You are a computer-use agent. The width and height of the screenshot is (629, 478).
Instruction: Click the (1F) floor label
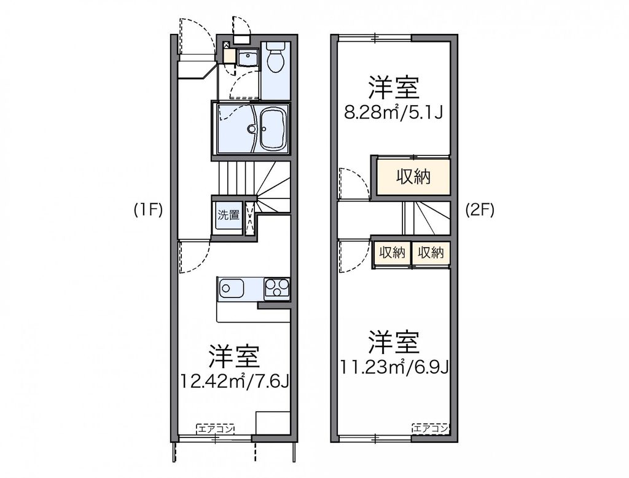pos(148,210)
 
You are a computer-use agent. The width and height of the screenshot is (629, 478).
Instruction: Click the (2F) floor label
pos(479,210)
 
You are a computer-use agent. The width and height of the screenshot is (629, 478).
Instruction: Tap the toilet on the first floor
pos(275,60)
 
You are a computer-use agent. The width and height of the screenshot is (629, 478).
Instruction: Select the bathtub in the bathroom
pos(274,128)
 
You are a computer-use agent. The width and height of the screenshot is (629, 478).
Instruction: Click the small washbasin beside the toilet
pos(248,58)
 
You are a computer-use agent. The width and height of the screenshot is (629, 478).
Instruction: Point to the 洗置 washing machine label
pos(229,215)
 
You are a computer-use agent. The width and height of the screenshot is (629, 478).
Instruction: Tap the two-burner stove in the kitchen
pos(277,288)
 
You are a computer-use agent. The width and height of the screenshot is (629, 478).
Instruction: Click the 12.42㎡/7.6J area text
pos(235,381)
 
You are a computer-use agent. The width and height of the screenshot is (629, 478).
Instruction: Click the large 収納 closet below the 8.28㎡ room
pos(413,177)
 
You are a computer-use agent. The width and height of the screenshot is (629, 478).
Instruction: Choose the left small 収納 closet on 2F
pos(391,253)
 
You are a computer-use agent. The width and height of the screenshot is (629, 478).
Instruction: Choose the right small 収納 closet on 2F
pos(431,253)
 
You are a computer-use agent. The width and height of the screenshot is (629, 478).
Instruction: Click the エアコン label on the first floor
pos(215,429)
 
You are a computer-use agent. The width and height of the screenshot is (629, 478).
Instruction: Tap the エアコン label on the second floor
pos(430,428)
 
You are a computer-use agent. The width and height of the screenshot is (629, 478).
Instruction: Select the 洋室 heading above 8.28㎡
pos(394,88)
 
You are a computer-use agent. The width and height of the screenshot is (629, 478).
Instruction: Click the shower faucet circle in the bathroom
pos(251,129)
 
